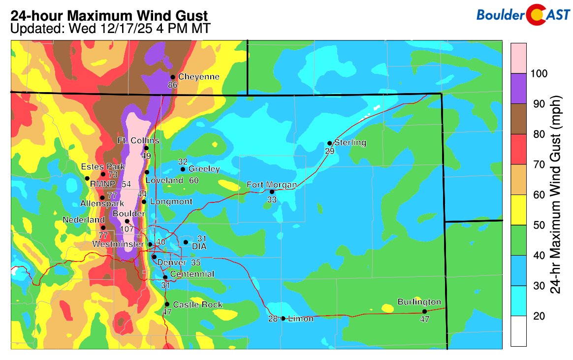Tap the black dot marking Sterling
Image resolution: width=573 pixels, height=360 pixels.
(329, 143)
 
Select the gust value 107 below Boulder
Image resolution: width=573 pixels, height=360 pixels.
(127, 229)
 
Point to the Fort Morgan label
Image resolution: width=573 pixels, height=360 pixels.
(272, 185)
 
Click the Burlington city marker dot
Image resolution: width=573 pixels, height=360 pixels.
(424, 311)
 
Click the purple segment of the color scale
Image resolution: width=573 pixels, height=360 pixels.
(518, 89)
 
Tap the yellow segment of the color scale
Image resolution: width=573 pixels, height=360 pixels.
(518, 210)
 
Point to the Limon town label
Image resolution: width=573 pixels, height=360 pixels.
(301, 319)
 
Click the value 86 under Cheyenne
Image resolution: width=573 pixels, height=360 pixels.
(172, 85)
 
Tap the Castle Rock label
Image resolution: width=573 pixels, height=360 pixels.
(197, 305)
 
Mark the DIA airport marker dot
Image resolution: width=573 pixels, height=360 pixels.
(186, 242)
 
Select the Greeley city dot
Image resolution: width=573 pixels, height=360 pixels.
(183, 169)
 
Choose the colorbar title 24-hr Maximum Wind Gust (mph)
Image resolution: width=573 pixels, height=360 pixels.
(556, 195)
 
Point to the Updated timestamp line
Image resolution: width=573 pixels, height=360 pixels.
(111, 29)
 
